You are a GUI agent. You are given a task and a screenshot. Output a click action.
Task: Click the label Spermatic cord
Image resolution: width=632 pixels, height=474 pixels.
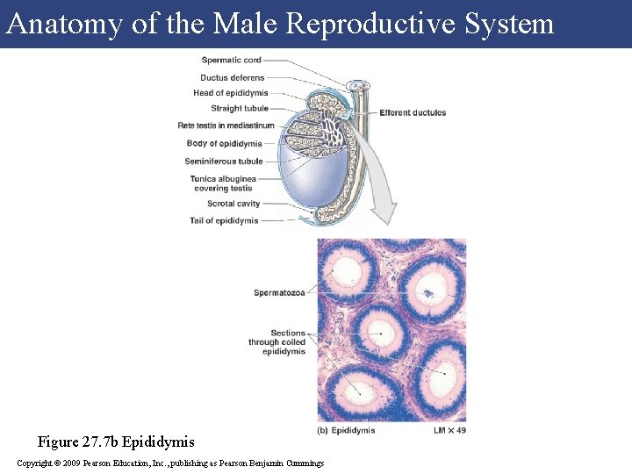tap(231, 61)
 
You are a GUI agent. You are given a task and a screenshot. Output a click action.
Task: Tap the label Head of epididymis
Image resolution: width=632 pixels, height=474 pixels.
tap(231, 93)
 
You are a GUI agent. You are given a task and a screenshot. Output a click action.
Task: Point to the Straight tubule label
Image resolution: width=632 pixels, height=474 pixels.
tap(240, 109)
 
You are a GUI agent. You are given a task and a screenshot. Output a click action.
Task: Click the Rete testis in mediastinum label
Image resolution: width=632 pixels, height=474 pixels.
tap(226, 126)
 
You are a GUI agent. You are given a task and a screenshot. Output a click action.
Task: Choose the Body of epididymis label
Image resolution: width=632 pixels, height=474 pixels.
tap(224, 143)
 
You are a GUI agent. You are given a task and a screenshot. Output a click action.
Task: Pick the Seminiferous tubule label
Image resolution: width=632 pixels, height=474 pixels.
tap(224, 162)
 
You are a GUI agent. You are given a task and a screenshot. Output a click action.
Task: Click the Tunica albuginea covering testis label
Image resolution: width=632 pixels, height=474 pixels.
tap(222, 183)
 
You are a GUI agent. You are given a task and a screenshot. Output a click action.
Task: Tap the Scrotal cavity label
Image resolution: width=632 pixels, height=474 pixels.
tap(233, 204)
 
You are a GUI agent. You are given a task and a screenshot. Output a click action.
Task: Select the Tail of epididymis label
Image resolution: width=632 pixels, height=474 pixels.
tap(224, 220)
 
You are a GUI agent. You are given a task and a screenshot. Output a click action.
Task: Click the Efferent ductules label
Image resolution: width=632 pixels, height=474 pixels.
tap(413, 112)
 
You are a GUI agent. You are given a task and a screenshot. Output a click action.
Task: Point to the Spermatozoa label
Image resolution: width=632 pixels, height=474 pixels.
tap(279, 292)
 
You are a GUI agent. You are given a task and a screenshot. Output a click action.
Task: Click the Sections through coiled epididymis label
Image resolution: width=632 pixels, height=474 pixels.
tap(276, 342)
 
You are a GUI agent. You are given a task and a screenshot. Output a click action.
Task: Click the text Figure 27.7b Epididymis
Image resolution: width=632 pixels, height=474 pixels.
tap(116, 442)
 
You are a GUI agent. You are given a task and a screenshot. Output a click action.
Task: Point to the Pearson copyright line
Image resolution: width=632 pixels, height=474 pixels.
tap(170, 463)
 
